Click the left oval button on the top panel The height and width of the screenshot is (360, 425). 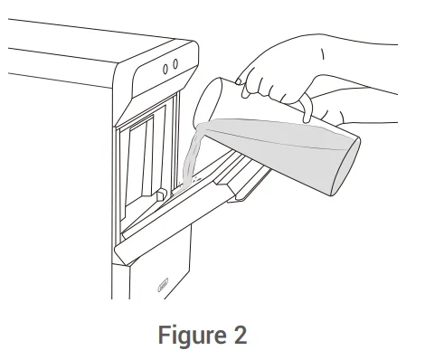[x=165, y=69]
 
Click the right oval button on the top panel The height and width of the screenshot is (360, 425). [x=175, y=64]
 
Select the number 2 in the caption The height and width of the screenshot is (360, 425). [x=241, y=334]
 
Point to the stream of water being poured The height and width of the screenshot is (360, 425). [x=193, y=156]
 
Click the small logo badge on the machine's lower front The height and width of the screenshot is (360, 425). [x=163, y=285]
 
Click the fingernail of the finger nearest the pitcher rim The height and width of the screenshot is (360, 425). [x=238, y=81]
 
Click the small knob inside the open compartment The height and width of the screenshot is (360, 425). [x=162, y=194]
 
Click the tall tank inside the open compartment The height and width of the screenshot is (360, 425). [x=140, y=160]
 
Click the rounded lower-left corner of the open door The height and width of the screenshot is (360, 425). [x=120, y=256]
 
